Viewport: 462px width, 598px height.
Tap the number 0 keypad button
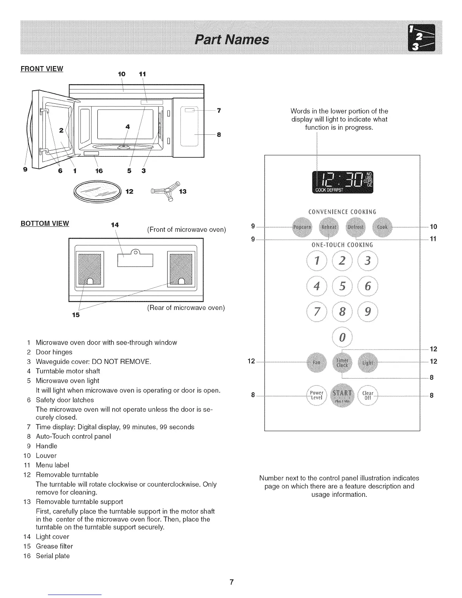tap(342, 337)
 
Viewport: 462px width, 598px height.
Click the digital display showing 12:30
tap(342, 182)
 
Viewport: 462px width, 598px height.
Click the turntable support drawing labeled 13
tap(164, 192)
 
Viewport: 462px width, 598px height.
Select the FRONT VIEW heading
tap(42, 69)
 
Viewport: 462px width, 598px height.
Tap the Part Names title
tap(231, 39)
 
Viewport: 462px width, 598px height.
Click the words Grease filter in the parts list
tap(54, 546)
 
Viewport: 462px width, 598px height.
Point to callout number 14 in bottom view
tap(115, 225)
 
